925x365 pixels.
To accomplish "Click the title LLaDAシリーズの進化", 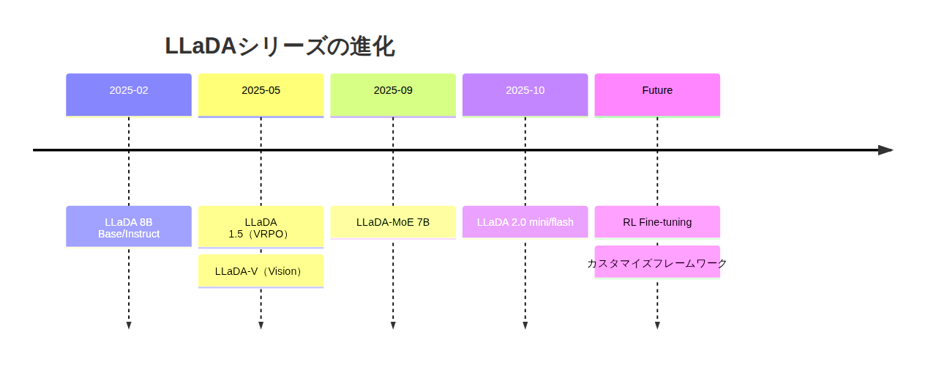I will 280,47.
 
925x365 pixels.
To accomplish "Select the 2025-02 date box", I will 129,95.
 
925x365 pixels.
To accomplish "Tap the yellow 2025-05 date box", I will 261,95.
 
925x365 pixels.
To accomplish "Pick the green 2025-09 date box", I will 393,95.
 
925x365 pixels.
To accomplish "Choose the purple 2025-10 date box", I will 525,95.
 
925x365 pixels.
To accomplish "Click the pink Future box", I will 657,95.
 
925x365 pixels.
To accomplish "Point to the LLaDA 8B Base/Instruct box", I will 129,226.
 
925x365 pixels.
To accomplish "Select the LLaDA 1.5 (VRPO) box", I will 261,227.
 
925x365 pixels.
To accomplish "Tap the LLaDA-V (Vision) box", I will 261,270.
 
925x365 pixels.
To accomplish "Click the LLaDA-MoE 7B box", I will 393,222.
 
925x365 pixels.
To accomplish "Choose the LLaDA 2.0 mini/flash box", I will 525,222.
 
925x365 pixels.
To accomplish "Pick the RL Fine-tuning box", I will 657,222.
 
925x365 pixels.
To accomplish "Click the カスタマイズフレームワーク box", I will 657,262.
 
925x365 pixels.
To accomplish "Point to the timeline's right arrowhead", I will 886,150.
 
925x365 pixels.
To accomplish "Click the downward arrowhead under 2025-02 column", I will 129,325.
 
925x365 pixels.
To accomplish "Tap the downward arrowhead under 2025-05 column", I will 261,325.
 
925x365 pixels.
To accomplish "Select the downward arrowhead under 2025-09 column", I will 393,325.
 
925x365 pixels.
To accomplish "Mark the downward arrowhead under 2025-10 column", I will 525,325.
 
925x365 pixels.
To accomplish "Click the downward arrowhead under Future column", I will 657,325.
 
